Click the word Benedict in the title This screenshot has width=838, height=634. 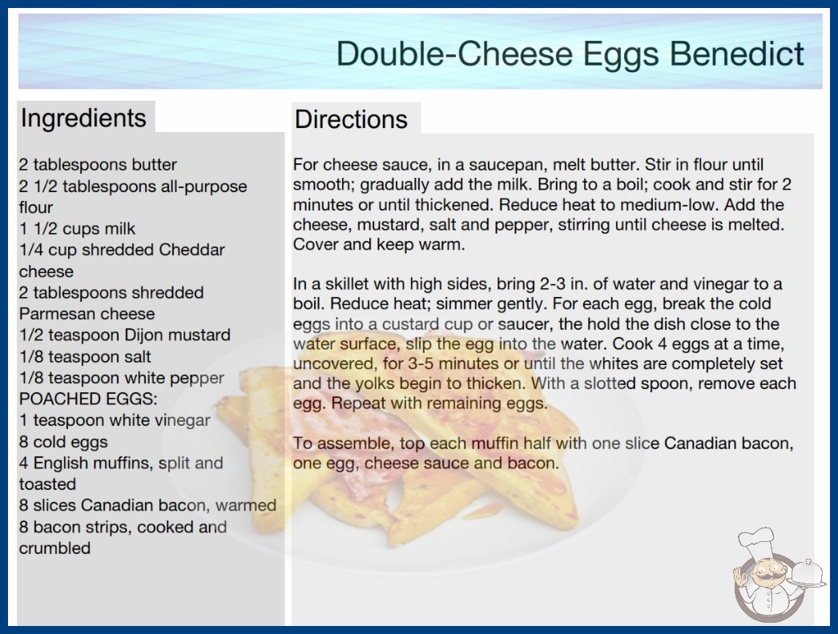737,54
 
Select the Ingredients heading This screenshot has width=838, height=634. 83,118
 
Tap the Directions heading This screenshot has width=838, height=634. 351,119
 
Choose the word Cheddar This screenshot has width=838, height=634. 191,250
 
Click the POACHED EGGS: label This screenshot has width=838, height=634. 88,399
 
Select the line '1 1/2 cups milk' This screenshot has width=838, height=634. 77,229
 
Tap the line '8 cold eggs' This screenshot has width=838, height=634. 63,442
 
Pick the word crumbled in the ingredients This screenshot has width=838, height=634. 54,548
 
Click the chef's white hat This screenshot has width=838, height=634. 756,544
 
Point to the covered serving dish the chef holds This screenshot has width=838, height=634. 807,574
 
